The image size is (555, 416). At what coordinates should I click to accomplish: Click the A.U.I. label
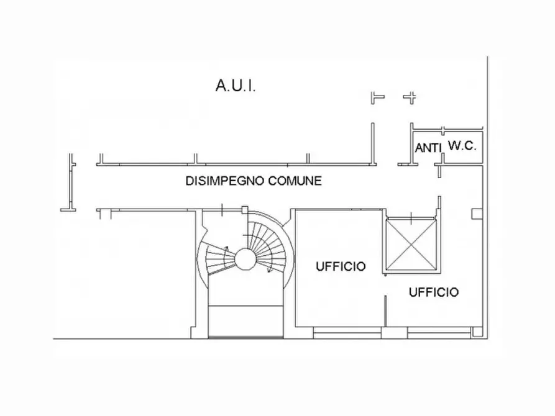coord(236,86)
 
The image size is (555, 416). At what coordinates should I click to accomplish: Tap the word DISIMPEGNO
coord(225,181)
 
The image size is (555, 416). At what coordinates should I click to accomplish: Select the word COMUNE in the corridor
coord(295,181)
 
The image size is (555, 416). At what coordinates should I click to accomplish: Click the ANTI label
coord(428,148)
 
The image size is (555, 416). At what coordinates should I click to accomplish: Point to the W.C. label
coord(462,145)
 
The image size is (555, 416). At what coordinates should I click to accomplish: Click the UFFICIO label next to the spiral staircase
coord(341,266)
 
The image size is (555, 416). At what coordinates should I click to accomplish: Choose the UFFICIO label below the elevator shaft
coord(434,292)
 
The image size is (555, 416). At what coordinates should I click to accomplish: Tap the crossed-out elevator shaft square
coord(411,245)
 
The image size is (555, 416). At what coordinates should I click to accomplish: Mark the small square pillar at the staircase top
coord(245,210)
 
